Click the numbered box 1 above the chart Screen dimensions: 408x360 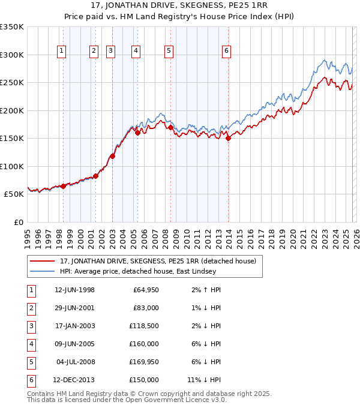pos(62,52)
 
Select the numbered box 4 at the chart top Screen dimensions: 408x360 pos(136,52)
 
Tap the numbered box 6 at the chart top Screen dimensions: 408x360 pos(226,52)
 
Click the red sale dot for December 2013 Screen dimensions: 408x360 pos(229,139)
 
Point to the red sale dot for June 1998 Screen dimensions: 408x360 pos(64,186)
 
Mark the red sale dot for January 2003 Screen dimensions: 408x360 pos(112,156)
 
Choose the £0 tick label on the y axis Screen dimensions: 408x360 pos(18,222)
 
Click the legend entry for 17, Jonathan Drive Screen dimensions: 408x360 pos(158,261)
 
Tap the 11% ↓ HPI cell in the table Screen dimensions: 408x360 pos(205,380)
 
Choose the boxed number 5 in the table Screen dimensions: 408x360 pos(30,362)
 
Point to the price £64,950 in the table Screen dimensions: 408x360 pos(146,290)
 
